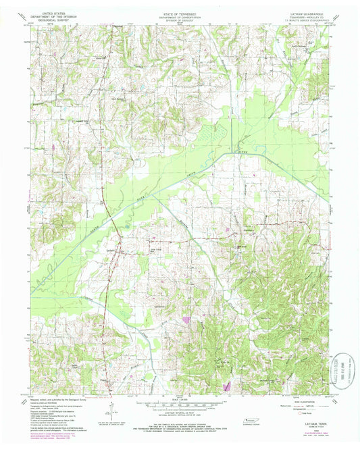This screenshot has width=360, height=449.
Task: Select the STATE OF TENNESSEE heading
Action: coord(179,12)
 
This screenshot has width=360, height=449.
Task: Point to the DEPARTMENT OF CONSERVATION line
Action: coord(179,16)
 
